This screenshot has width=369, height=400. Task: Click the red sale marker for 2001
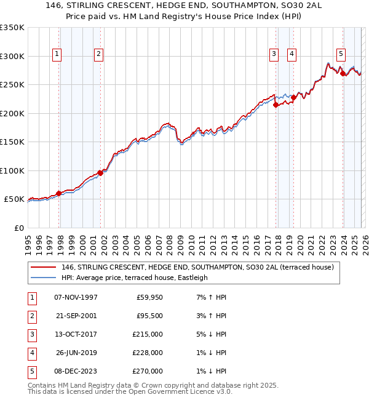tap(100, 173)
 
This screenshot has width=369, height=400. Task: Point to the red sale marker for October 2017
tap(276, 105)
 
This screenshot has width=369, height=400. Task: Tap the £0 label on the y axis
tap(18, 228)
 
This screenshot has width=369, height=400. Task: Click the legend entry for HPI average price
tap(135, 278)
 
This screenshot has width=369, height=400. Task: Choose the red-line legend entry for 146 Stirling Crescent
tap(197, 267)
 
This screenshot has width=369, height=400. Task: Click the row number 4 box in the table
tap(31, 353)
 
